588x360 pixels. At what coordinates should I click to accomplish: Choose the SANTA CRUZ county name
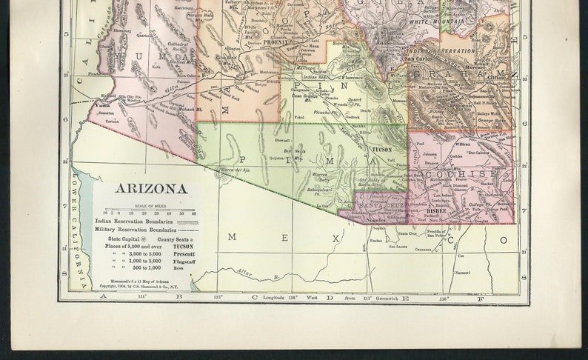tap(382, 203)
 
